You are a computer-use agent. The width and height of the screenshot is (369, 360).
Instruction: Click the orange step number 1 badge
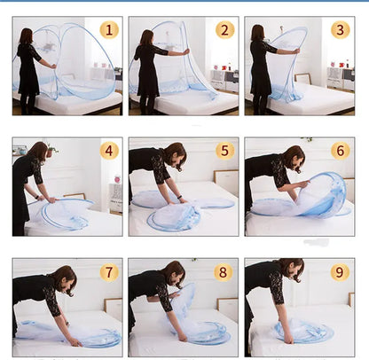[109, 30]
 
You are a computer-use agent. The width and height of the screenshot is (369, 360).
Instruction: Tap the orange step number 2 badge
[225, 29]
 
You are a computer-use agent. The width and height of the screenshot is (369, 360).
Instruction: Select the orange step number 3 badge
[340, 29]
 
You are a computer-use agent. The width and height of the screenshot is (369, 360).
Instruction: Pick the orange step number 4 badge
[109, 151]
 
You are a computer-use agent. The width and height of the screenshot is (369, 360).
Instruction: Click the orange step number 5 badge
[225, 151]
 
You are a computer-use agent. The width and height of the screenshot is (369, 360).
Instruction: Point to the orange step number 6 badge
[340, 151]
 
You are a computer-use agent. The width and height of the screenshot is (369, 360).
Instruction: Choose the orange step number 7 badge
[109, 272]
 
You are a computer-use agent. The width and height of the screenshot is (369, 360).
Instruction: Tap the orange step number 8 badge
[225, 272]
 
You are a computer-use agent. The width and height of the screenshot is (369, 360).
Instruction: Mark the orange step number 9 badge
[340, 272]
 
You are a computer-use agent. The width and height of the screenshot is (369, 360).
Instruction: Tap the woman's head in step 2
[146, 37]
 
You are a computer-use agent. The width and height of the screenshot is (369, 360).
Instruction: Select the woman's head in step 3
[257, 33]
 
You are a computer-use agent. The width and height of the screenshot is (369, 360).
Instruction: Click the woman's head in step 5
[176, 153]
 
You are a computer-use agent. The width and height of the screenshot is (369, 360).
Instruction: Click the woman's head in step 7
[62, 277]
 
